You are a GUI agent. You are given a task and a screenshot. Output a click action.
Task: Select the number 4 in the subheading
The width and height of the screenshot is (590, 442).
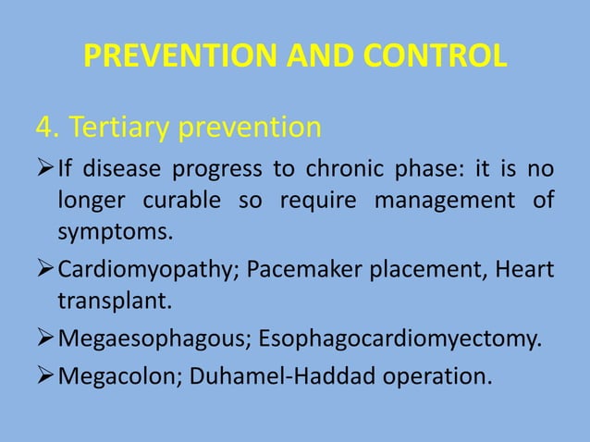tap(43, 127)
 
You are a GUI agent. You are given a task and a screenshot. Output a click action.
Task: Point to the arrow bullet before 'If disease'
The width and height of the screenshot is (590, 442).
tap(44, 170)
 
